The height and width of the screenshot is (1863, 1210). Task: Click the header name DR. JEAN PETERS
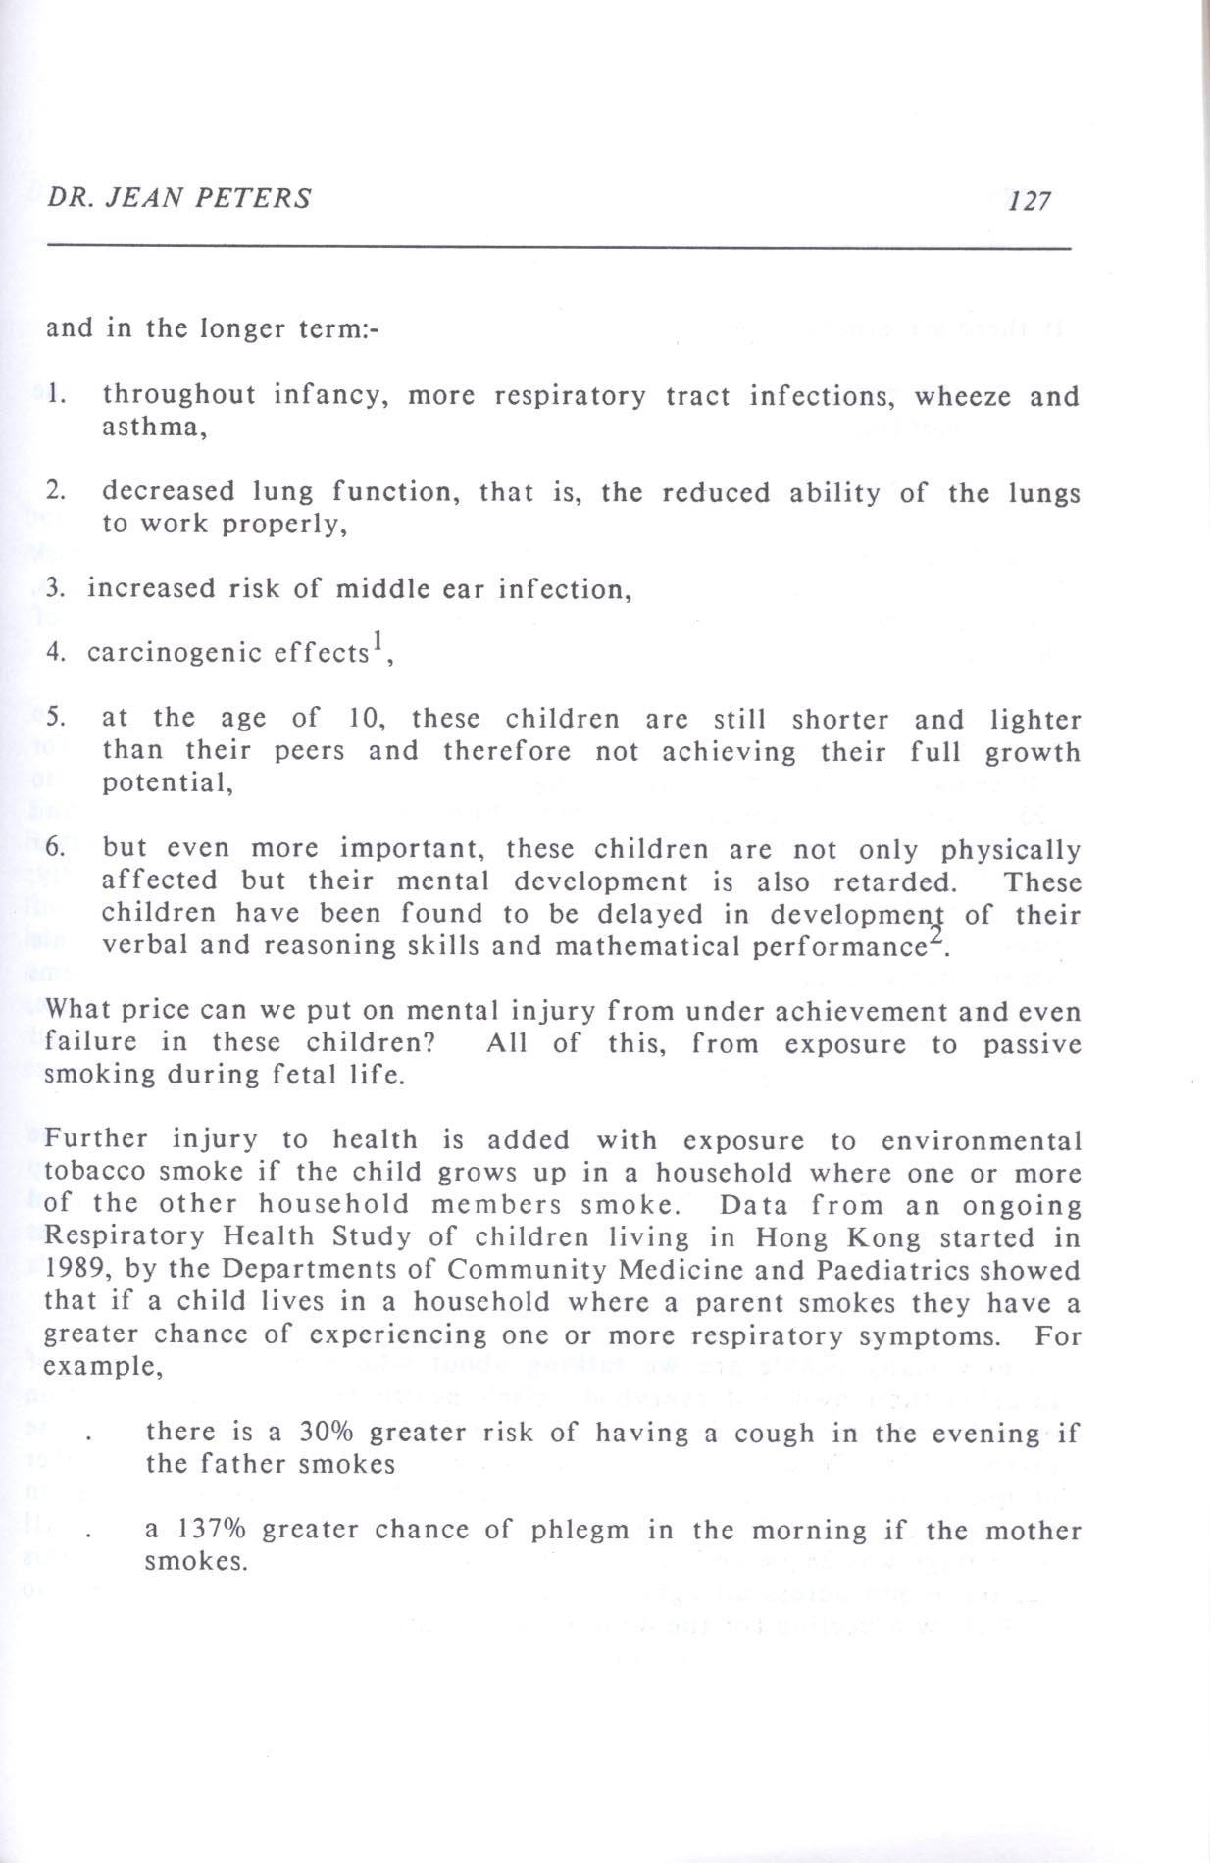coord(179,198)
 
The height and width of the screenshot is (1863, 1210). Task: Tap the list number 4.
coord(55,652)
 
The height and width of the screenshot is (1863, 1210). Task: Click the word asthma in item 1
coord(153,428)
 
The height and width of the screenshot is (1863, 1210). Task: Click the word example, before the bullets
coord(103,1367)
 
